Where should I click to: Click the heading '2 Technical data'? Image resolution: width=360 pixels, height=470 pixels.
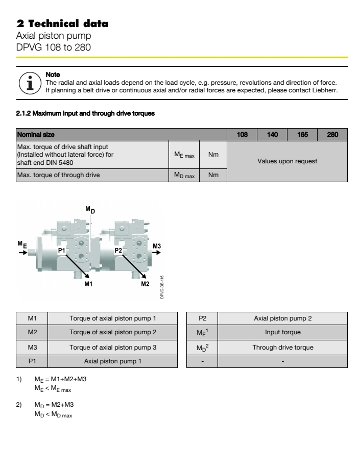(x=62, y=24)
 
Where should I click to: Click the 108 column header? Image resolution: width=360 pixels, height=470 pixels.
(x=243, y=135)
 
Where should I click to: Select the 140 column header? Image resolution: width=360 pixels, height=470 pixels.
(x=272, y=135)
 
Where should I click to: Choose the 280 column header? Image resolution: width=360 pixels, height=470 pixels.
(x=332, y=135)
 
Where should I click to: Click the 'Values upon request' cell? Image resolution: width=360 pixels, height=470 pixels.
(x=286, y=161)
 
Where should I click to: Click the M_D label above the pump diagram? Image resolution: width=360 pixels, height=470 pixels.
(x=90, y=210)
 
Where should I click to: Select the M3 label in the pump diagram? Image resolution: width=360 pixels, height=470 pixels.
(x=157, y=246)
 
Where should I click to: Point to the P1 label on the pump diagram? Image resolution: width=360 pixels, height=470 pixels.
(x=61, y=251)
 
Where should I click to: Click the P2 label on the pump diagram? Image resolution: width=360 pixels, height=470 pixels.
(x=118, y=251)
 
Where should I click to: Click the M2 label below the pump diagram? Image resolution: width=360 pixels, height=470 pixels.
(x=145, y=284)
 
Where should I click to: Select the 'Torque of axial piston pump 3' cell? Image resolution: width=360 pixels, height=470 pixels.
(x=112, y=347)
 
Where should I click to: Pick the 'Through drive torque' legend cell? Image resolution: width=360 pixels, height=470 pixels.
(x=282, y=347)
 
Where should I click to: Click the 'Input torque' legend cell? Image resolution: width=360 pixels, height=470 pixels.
(x=282, y=332)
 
